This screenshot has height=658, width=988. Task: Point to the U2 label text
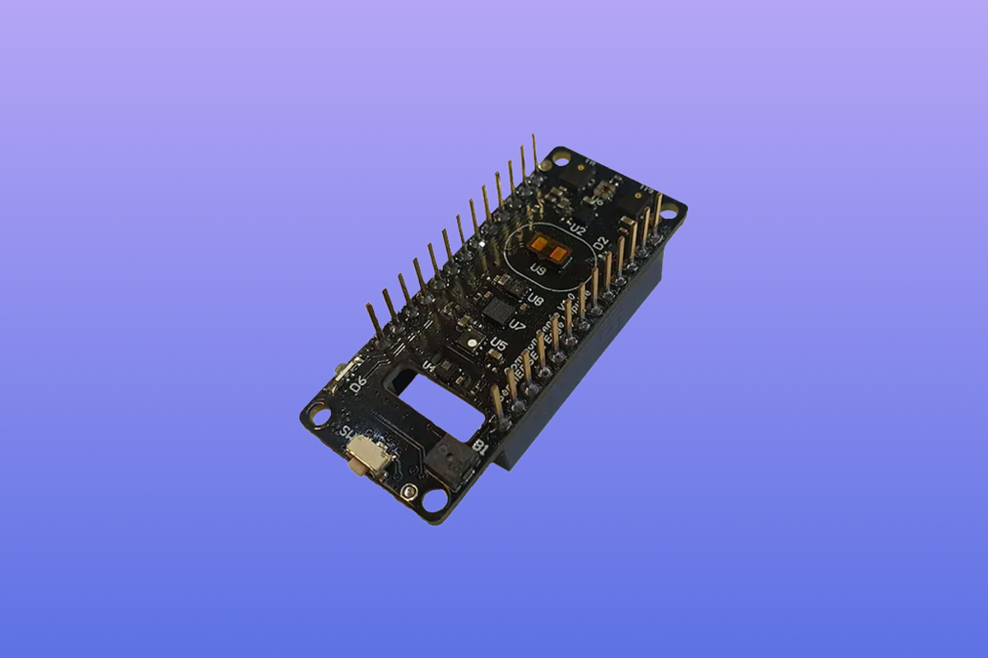(x=577, y=229)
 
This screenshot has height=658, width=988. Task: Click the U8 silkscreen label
(x=534, y=300)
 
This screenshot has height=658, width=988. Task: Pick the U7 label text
(x=517, y=325)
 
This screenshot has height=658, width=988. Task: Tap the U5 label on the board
(x=497, y=344)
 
